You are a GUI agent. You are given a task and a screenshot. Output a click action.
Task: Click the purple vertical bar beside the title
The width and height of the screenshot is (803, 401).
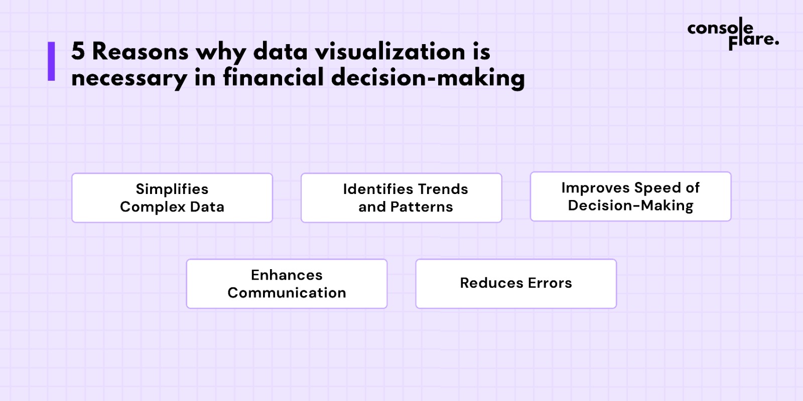(x=51, y=61)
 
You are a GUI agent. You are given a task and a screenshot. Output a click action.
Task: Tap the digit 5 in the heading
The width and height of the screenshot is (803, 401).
(x=78, y=52)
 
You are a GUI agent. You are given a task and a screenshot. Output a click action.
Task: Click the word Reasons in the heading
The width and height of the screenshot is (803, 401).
(x=140, y=52)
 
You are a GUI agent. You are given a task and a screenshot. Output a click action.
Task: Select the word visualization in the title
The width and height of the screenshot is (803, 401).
(x=390, y=52)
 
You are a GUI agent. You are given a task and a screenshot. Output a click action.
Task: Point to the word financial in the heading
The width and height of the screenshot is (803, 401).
(x=274, y=77)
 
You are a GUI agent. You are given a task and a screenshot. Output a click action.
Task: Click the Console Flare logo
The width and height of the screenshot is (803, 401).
(x=733, y=34)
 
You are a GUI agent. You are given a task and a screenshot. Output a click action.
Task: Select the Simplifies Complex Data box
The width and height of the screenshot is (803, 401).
(x=172, y=198)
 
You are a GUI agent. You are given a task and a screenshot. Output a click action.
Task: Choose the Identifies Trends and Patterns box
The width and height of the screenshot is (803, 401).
(x=401, y=198)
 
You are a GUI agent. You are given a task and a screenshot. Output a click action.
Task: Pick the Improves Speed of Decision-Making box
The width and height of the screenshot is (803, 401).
(x=630, y=196)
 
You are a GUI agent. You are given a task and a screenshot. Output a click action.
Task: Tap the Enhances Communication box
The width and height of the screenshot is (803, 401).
(x=287, y=284)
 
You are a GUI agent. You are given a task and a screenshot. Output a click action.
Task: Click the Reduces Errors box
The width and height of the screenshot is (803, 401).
(x=516, y=284)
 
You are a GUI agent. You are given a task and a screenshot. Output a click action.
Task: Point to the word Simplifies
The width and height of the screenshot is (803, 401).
(x=172, y=189)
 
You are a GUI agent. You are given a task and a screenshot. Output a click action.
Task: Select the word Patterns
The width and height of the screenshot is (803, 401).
(x=422, y=207)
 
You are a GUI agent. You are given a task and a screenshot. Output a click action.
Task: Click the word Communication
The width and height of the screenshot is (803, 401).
(x=287, y=293)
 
